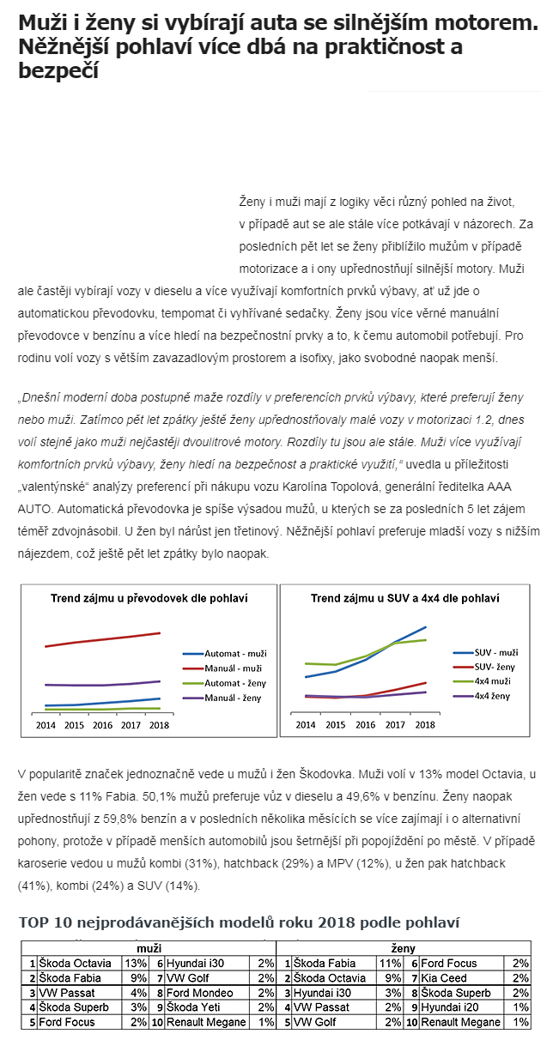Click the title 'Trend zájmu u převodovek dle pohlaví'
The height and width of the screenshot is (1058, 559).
[x=149, y=598]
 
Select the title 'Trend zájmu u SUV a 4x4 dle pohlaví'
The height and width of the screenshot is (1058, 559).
[x=404, y=598]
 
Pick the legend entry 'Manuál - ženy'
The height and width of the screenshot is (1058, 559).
[x=232, y=698]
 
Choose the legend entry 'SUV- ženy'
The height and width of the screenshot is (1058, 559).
[x=495, y=667]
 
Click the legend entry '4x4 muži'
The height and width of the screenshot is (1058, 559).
[x=494, y=681]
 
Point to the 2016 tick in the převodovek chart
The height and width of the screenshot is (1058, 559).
[x=102, y=725]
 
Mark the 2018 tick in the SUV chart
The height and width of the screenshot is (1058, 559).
[x=424, y=725]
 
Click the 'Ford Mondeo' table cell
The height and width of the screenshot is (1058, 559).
[x=201, y=993]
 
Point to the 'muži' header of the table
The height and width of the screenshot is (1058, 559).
[x=149, y=949]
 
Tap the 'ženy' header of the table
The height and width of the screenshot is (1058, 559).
[x=404, y=949]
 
